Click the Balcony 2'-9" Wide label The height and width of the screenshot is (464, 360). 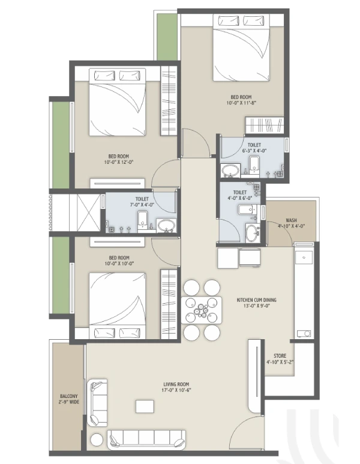(x=69, y=399)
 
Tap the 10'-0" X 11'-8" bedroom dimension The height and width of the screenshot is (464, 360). (x=241, y=103)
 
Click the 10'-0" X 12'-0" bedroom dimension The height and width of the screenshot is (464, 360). (x=119, y=162)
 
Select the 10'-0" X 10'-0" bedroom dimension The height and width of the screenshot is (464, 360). (x=119, y=264)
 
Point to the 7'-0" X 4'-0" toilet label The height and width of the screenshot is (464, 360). (x=142, y=202)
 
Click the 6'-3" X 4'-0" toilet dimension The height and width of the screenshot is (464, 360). (x=254, y=150)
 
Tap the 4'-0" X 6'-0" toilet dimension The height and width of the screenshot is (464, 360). (x=240, y=198)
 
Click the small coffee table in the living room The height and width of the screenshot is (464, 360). (x=145, y=406)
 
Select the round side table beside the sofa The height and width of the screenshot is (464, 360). (x=97, y=440)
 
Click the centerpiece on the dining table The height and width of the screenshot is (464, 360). (x=201, y=310)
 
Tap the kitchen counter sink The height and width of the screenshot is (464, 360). (x=304, y=257)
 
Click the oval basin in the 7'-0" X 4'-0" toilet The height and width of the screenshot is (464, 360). (x=166, y=226)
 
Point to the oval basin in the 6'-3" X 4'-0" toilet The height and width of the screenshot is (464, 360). (x=230, y=170)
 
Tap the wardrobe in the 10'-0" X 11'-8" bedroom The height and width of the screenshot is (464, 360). (x=264, y=125)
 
